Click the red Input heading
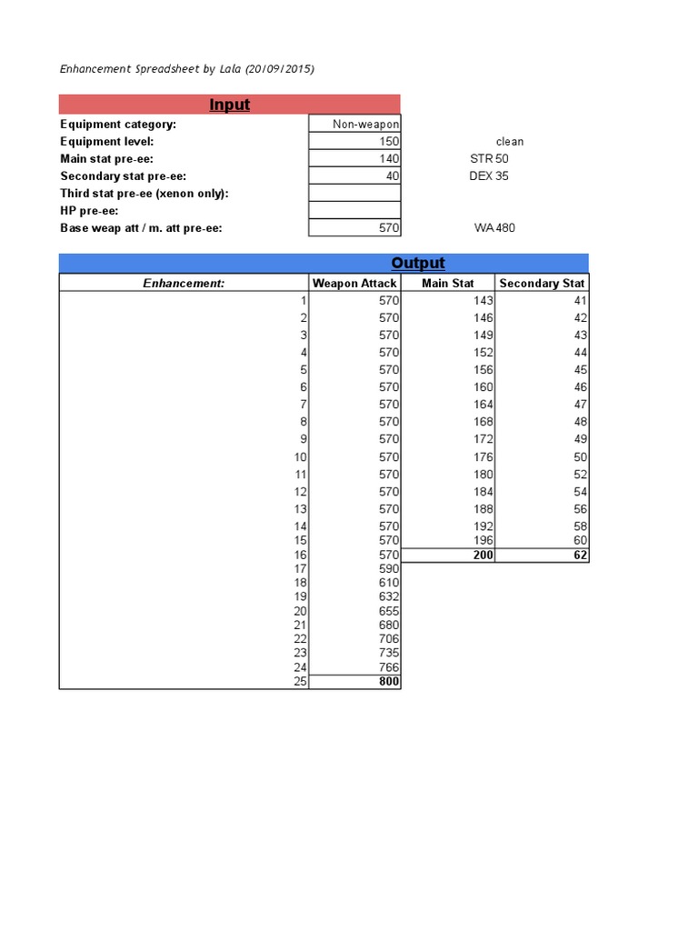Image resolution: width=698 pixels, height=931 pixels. [229, 105]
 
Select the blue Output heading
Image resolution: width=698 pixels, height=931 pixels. [417, 263]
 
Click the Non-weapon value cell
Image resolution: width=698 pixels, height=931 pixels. [365, 125]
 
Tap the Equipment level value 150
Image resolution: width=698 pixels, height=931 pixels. [389, 142]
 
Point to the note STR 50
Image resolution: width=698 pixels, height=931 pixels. [489, 159]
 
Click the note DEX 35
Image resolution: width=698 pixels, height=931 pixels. [489, 176]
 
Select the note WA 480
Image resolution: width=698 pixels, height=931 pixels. [494, 228]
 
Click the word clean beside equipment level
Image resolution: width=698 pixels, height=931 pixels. [510, 142]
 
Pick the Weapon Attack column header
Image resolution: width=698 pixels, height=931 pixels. [354, 284]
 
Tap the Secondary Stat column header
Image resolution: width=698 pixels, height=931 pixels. [542, 284]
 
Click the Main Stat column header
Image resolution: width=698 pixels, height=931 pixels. [448, 284]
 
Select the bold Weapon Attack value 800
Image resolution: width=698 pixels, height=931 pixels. [389, 681]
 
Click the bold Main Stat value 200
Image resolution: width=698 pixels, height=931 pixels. [484, 556]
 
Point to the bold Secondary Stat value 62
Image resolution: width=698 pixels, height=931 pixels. [581, 556]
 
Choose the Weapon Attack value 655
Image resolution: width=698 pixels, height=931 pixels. [389, 612]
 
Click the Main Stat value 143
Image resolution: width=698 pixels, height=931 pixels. [484, 301]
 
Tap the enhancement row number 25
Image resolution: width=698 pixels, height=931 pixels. [301, 681]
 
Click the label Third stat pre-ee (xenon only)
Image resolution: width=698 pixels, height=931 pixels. [145, 194]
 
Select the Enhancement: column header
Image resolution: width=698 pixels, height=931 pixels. [184, 284]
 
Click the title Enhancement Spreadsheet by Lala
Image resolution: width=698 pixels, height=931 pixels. [187, 69]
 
